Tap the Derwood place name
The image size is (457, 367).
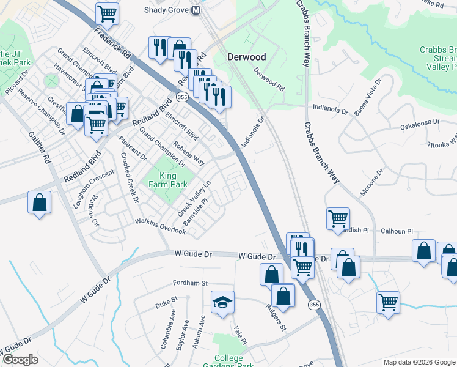[x=247, y=57]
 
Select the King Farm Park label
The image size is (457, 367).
[x=168, y=180]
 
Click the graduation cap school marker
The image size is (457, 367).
[x=222, y=302]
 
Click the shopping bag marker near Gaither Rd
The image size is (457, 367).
[x=39, y=202]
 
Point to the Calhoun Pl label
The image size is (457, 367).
[x=397, y=232]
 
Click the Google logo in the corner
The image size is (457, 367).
[x=20, y=360]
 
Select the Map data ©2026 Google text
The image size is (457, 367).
[x=419, y=362]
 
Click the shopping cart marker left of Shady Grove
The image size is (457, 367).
[x=108, y=12]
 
